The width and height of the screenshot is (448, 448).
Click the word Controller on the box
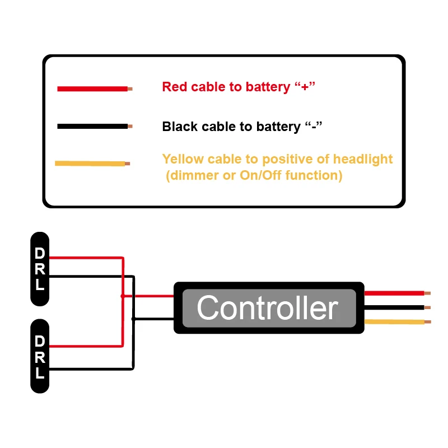[x=267, y=308]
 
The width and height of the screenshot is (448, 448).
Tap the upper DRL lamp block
[x=40, y=269]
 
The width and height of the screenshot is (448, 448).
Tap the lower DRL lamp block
[x=40, y=357]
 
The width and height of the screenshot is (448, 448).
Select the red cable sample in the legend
[x=92, y=88]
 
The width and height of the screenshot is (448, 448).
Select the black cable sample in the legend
[x=92, y=127]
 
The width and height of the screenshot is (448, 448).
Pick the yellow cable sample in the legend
[x=90, y=164]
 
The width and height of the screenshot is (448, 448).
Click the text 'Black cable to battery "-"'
[x=242, y=127]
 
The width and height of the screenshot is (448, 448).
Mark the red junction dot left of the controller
[x=123, y=296]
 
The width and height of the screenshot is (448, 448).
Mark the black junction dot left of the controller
[x=133, y=319]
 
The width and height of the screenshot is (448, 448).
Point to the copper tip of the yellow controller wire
[x=428, y=322]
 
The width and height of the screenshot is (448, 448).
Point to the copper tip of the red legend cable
[x=130, y=88]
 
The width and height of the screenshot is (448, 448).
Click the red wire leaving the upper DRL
[x=84, y=258]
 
